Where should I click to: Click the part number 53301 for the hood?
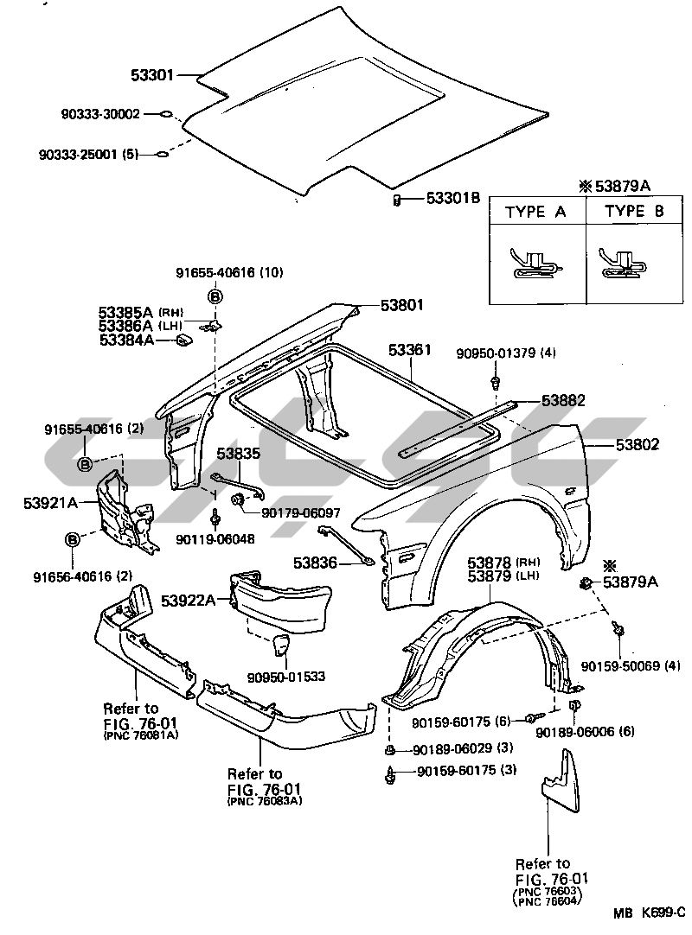tap(152, 75)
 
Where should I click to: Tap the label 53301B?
tap(453, 197)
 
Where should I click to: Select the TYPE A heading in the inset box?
tap(535, 213)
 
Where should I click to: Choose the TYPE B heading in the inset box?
tap(634, 211)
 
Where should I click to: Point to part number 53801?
tap(402, 305)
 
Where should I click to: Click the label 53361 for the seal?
tap(410, 349)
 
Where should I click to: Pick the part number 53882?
tap(564, 400)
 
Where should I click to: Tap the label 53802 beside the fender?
tap(638, 444)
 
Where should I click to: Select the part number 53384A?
tap(126, 340)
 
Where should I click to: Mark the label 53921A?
tap(51, 503)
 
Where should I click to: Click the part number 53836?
tap(315, 563)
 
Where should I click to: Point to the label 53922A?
tap(188, 601)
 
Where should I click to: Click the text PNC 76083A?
tap(265, 801)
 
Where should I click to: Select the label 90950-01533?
tap(286, 677)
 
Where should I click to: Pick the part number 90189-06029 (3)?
tap(463, 747)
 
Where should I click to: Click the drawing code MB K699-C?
tap(649, 913)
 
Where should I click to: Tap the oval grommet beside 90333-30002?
tap(167, 113)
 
